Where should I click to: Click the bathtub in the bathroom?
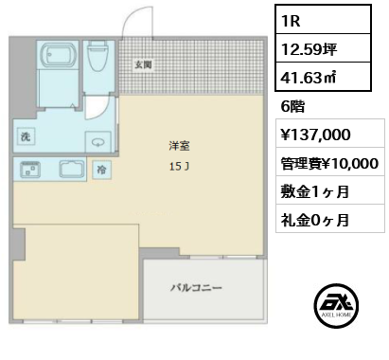pyautogui.click(x=59, y=55)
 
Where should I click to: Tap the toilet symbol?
pyautogui.click(x=97, y=56)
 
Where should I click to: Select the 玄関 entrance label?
pyautogui.click(x=144, y=64)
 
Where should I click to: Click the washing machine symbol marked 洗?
pyautogui.click(x=26, y=136)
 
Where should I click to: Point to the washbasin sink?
pyautogui.click(x=98, y=142)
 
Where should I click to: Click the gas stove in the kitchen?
pyautogui.click(x=30, y=170)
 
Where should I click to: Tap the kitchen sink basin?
pyautogui.click(x=72, y=169)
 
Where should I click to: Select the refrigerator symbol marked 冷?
pyautogui.click(x=101, y=170)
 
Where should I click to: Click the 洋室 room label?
pyautogui.click(x=179, y=146)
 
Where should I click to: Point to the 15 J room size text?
pyautogui.click(x=179, y=167)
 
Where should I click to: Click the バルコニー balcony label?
pyautogui.click(x=196, y=288)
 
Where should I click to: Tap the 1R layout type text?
pyautogui.click(x=291, y=21)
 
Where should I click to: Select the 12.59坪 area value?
pyautogui.click(x=309, y=49)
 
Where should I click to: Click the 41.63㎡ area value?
pyautogui.click(x=309, y=78)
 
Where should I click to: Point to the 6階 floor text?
pyautogui.click(x=292, y=106)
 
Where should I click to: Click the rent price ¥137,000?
pyautogui.click(x=315, y=135)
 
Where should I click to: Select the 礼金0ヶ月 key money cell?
pyautogui.click(x=330, y=218)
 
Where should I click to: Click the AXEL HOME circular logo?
pyautogui.click(x=336, y=305)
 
